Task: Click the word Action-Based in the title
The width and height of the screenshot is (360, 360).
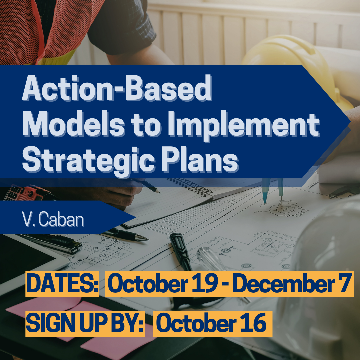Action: pyautogui.click(x=117, y=88)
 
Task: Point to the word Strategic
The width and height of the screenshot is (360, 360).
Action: pyautogui.click(x=89, y=161)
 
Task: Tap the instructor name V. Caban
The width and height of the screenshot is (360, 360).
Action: pyautogui.click(x=53, y=219)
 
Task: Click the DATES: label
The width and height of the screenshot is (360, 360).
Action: pyautogui.click(x=62, y=284)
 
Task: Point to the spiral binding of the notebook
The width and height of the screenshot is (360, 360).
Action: pyautogui.click(x=191, y=186)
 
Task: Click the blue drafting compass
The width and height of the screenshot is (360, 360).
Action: pyautogui.click(x=273, y=191)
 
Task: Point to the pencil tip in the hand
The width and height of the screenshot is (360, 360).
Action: pyautogui.click(x=159, y=192)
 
